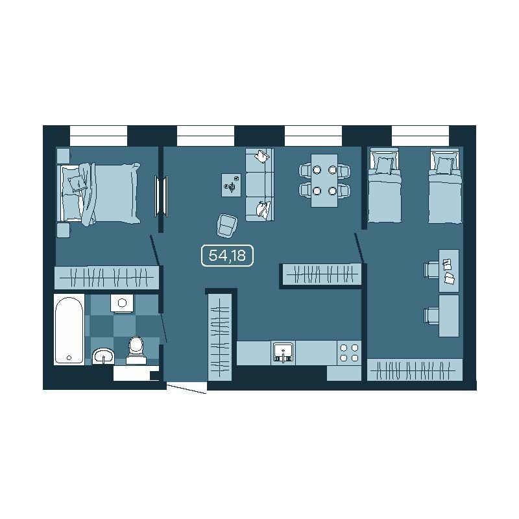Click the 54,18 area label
[x=227, y=255]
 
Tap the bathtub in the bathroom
[x=69, y=329]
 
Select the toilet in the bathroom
[x=136, y=350]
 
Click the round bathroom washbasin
[x=103, y=356]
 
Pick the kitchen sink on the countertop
[x=283, y=352]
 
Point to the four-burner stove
[x=349, y=352]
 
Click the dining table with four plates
[x=324, y=180]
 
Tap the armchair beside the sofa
[x=228, y=226]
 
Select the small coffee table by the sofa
[x=232, y=185]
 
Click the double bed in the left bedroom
[x=99, y=193]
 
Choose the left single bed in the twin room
[x=384, y=186]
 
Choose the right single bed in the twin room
[x=445, y=186]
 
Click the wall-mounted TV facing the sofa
[x=161, y=197]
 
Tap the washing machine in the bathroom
[x=122, y=303]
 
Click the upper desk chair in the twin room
[x=431, y=269]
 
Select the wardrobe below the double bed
[x=106, y=278]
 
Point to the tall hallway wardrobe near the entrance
[x=220, y=337]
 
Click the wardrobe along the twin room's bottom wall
[x=415, y=370]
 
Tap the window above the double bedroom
[x=99, y=136]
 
